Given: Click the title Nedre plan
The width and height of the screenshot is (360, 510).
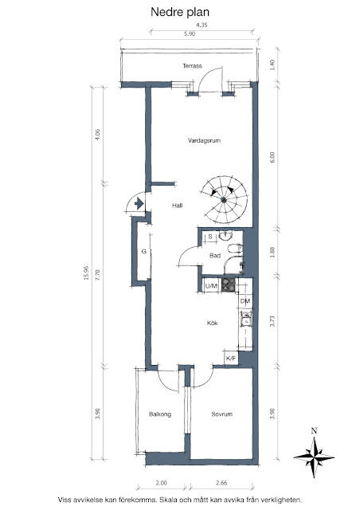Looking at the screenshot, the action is [180, 13].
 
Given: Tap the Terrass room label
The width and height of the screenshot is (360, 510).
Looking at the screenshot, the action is [192, 66].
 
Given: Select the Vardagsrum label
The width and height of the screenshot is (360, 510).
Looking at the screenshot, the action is [204, 140].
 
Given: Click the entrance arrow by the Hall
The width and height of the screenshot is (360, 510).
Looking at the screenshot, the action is [139, 204].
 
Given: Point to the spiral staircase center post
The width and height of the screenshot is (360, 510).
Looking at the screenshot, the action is [224, 200].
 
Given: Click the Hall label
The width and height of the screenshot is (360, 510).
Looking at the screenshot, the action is [178, 206].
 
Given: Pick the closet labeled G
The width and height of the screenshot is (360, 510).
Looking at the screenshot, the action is [143, 252].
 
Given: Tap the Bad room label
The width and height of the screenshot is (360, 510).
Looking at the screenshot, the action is [215, 256].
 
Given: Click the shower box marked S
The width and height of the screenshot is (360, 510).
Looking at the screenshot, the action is [210, 237].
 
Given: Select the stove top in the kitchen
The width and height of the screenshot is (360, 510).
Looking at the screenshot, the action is [229, 284].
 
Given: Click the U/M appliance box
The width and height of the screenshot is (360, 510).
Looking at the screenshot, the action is [211, 286].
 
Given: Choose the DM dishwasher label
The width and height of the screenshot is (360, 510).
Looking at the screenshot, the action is [245, 301].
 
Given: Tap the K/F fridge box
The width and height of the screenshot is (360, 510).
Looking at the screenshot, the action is [231, 358].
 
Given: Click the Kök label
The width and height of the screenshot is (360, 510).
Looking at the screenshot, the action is [213, 323].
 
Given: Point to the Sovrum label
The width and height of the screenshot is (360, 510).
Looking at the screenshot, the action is [221, 414].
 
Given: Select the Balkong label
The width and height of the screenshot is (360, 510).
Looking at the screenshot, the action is [160, 414].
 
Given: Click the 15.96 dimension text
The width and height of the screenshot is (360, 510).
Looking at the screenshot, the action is [86, 273].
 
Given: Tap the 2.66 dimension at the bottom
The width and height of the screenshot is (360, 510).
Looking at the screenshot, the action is [221, 483].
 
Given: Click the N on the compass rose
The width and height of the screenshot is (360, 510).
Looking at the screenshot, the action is [314, 431].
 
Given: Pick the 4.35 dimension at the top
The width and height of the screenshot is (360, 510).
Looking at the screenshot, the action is [202, 25].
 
